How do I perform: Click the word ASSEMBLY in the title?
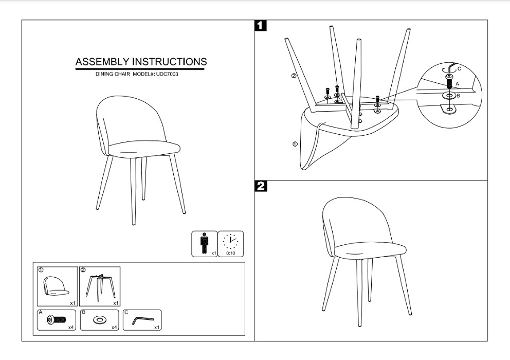tap(103, 62)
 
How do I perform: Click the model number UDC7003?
tap(167, 74)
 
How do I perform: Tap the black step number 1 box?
tap(261, 26)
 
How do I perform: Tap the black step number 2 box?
tap(261, 186)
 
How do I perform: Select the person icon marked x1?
tap(204, 243)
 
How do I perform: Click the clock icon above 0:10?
tap(231, 241)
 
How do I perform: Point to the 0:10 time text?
tap(231, 253)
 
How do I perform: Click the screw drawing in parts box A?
tap(56, 320)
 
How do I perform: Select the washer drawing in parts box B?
tap(99, 320)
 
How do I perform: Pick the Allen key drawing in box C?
tap(142, 320)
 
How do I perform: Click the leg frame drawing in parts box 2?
tap(100, 285)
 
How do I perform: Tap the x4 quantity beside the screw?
tap(71, 327)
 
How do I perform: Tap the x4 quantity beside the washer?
tap(114, 327)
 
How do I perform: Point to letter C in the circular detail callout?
tap(459, 69)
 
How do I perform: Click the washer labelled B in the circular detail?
tap(449, 96)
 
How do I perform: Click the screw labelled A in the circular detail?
tap(449, 81)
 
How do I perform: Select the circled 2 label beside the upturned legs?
tap(294, 76)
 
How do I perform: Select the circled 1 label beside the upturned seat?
tap(295, 143)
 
